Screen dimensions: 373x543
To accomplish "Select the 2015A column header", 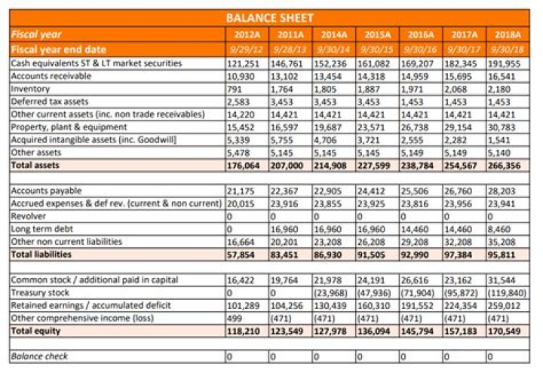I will click(x=377, y=34).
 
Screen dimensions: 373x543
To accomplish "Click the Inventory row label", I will click(x=30, y=89).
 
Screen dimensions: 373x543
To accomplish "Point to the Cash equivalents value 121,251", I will click(x=242, y=63).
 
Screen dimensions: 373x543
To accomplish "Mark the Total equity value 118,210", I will click(x=243, y=331).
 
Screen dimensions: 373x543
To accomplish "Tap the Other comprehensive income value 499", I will click(x=235, y=318).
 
